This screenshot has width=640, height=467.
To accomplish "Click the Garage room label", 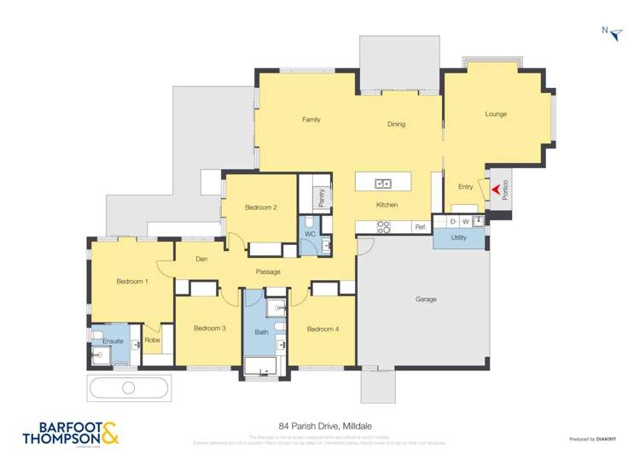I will tap(426, 299).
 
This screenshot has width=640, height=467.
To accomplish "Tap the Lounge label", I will tap(496, 114).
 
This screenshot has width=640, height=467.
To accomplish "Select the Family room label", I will tap(311, 120).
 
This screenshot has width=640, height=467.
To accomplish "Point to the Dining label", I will tap(396, 124).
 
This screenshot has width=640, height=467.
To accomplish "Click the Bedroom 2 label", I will tap(260, 207).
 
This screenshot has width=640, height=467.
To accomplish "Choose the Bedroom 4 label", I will tap(323, 329).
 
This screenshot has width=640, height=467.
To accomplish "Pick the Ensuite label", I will tap(113, 341).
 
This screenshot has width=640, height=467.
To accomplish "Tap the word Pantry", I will tap(321, 198).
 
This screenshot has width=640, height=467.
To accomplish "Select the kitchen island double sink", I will tap(383, 182).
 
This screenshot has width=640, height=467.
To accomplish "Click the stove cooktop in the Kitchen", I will tap(383, 227).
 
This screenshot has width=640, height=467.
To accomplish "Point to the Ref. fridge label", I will tap(420, 227).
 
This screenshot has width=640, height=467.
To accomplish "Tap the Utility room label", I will tap(458, 237).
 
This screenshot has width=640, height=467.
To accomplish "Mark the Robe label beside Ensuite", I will tap(152, 341).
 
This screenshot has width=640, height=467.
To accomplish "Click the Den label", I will tap(201, 259).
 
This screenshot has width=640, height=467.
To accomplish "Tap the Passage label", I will tap(268, 271).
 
